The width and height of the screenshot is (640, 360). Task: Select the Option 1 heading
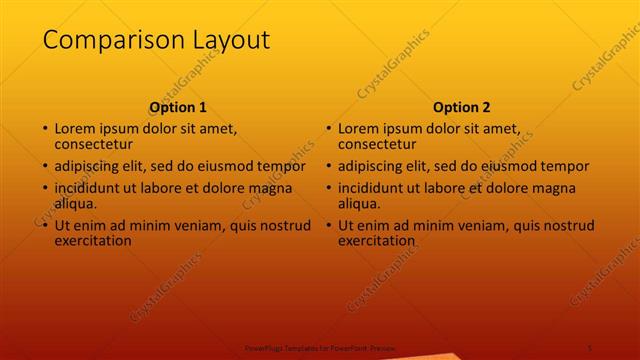(x=178, y=108)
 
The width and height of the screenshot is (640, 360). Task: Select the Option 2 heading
(x=462, y=108)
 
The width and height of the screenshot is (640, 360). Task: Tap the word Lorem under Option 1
(x=74, y=128)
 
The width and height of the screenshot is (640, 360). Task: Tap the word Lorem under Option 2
(x=358, y=128)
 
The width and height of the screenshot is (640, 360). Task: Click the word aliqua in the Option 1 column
(x=76, y=204)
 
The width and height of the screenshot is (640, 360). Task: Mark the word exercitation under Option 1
(x=93, y=241)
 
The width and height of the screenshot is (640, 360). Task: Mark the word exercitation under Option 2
(x=377, y=241)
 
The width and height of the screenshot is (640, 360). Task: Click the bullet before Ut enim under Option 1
(x=44, y=226)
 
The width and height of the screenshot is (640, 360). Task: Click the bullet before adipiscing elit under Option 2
(x=328, y=166)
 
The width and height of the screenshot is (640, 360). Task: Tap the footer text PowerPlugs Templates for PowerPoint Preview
(x=320, y=347)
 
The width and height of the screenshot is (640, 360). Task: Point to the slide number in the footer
(x=591, y=347)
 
